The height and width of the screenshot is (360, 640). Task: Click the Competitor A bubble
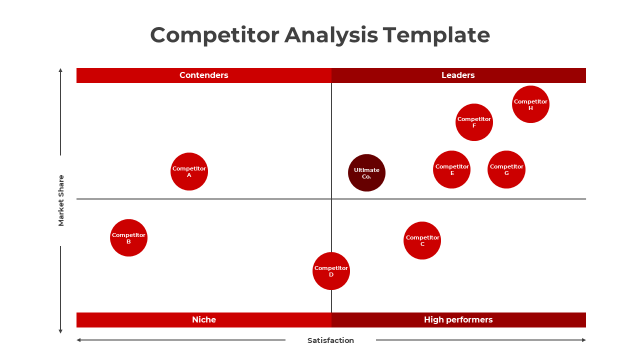189,171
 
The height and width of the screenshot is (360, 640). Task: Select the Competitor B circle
128,237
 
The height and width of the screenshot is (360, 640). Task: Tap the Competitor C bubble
422,240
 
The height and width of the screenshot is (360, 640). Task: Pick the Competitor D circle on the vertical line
331,271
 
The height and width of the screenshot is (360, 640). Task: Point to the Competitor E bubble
451,169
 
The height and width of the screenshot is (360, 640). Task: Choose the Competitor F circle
474,122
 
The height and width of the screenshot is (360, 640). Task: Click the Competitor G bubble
506,169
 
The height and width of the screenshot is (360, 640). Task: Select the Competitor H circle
530,104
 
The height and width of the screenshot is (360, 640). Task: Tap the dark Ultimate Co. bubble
366,173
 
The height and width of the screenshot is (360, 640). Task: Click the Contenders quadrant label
203,75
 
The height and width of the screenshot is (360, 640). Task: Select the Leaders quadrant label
458,75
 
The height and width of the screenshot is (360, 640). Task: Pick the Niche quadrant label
203,319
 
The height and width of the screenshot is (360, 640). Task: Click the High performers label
458,319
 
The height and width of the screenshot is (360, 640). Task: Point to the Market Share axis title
61,200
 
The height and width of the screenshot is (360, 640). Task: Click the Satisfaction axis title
330,340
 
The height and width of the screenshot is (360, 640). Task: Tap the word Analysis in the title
331,35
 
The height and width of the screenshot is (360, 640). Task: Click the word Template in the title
436,35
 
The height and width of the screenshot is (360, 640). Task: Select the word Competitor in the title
214,35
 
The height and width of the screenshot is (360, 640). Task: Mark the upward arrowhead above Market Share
60,70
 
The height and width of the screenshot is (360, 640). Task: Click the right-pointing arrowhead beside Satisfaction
584,340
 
